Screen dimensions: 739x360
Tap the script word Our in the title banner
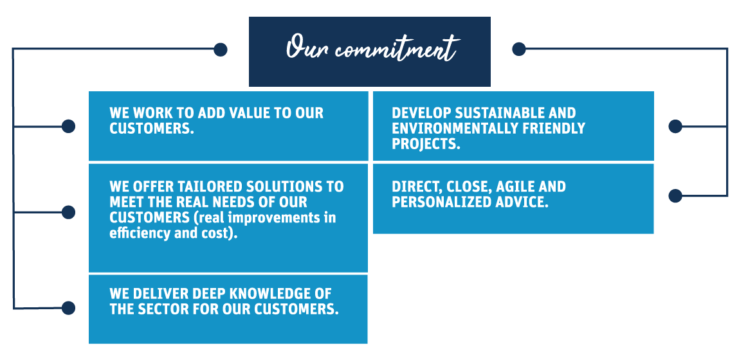pos(308,47)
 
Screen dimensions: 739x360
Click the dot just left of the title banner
pos(220,50)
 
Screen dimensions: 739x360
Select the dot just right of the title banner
pos(519,49)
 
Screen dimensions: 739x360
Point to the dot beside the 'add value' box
pos(68,126)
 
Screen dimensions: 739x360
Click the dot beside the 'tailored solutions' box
pos(68,213)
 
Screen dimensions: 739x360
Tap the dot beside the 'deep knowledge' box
pos(68,308)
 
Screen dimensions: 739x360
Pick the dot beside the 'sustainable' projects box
pos(675,126)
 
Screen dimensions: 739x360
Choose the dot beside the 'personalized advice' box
pos(675,195)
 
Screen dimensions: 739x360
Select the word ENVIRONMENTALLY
pos(452,128)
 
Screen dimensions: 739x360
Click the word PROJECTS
pos(426,144)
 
